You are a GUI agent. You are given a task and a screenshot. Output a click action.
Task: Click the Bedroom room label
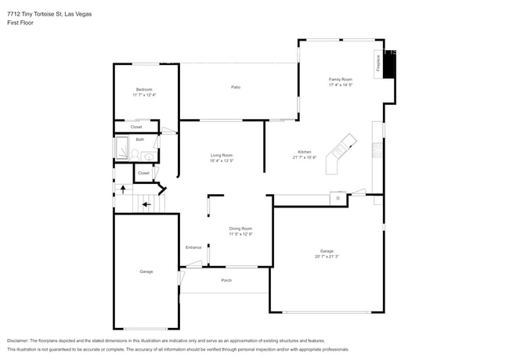click(x=144, y=90)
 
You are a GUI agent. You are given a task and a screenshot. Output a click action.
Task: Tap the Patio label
click(x=235, y=87)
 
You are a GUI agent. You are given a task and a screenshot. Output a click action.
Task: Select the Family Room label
click(x=340, y=79)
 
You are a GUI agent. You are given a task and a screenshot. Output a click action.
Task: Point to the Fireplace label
click(x=378, y=63)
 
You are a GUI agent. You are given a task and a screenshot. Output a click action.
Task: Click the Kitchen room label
click(x=304, y=152)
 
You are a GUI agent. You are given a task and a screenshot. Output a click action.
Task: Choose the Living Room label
click(x=222, y=156)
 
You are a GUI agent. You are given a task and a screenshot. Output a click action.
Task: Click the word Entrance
click(x=193, y=247)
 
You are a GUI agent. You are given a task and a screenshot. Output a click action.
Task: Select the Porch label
click(x=226, y=280)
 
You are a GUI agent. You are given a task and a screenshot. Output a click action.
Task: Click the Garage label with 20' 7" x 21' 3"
click(x=327, y=251)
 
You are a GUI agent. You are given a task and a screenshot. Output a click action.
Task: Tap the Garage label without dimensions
click(x=146, y=272)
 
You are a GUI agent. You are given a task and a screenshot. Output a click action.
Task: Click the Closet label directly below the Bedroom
click(x=136, y=127)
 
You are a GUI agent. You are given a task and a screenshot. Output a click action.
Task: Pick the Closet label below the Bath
click(x=143, y=173)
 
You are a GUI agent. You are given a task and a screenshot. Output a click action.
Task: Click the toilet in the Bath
click(x=148, y=157)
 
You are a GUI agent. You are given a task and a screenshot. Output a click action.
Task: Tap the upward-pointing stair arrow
click(x=121, y=189)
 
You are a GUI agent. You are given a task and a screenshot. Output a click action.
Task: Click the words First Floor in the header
click(x=20, y=23)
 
